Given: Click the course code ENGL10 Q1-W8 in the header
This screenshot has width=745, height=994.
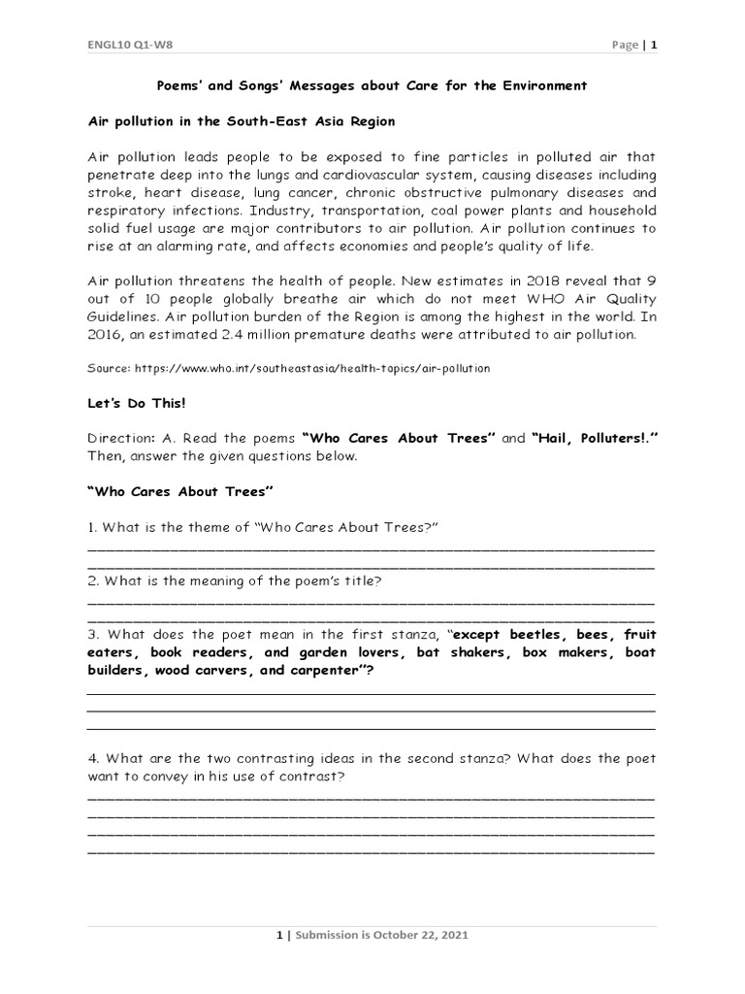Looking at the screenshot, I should tap(124, 45).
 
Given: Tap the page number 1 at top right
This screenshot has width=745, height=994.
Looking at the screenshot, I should tap(654, 45).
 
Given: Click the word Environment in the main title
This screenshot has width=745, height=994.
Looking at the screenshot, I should tap(544, 85).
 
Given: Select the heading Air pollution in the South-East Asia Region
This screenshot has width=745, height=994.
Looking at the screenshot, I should tap(242, 121).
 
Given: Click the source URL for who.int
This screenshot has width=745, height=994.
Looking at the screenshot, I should tap(310, 369).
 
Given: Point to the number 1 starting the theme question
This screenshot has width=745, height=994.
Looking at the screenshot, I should tap(91, 526).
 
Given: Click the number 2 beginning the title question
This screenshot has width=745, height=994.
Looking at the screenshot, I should tap(91, 580).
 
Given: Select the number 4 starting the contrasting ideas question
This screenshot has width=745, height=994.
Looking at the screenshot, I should tap(91, 759).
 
